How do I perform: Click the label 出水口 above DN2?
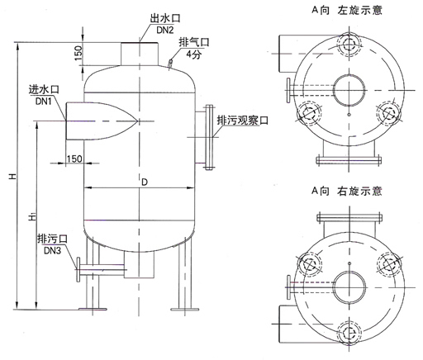tap(165, 18)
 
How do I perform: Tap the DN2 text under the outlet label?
tap(165, 30)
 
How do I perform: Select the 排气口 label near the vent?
tap(194, 42)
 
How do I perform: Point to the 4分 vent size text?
tap(194, 54)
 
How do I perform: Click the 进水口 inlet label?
tap(44, 90)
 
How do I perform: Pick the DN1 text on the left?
tap(44, 102)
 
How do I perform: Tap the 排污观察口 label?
tap(243, 121)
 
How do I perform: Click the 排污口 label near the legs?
tap(52, 239)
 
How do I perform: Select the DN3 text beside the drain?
tap(52, 250)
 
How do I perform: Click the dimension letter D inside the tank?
tap(145, 182)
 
